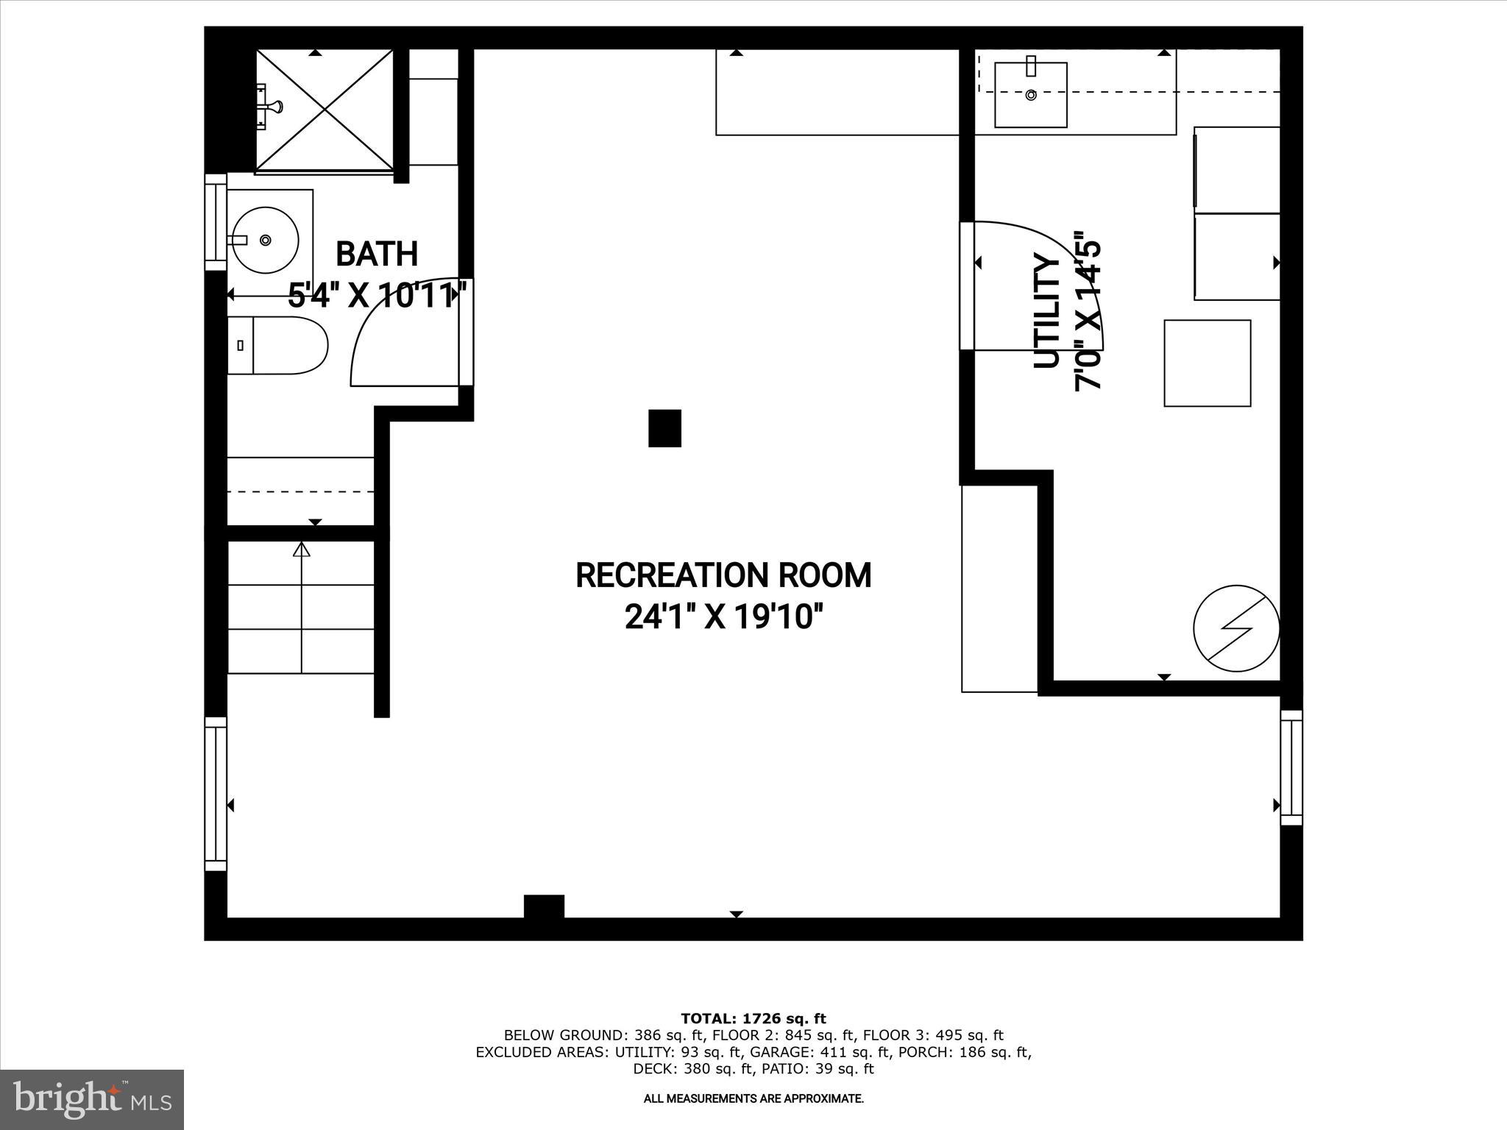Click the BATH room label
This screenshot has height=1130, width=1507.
[x=377, y=254]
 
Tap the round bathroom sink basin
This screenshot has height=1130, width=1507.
[x=264, y=241]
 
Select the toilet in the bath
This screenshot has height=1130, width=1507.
[x=278, y=345]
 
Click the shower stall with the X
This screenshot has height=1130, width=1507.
[x=325, y=111]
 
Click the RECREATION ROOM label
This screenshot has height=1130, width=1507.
[x=723, y=575]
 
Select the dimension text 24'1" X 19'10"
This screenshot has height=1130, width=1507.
[x=723, y=616]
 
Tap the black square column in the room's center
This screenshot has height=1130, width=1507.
[x=664, y=428]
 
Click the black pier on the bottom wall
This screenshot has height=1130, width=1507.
[x=544, y=906]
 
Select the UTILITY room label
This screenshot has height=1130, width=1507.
[x=1046, y=310]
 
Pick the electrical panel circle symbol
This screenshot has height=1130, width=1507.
[x=1236, y=628]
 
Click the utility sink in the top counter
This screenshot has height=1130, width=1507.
[x=1030, y=95]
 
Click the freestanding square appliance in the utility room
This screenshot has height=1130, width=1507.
[x=1207, y=363]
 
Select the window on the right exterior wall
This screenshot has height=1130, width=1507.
[x=1291, y=767]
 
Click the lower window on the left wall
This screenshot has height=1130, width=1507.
[x=216, y=794]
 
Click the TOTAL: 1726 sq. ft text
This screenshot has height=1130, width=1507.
[x=753, y=1019]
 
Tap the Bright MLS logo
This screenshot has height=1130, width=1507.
[x=92, y=1099]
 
